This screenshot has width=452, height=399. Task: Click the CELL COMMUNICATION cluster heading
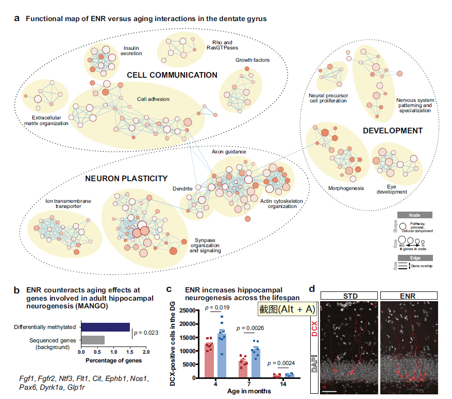[x=172, y=75]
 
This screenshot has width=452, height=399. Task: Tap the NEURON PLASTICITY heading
[x=126, y=179]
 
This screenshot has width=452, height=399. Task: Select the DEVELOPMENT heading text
[x=392, y=131]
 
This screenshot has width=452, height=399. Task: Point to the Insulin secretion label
[x=132, y=50]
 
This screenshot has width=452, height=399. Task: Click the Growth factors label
[x=253, y=60]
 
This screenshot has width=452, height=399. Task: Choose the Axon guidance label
[x=229, y=152]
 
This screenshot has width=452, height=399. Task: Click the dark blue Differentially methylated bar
[x=105, y=327]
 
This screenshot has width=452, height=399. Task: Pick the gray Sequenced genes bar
[x=93, y=340]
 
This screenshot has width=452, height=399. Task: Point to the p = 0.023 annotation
[x=146, y=333]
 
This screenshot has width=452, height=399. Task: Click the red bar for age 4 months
[x=209, y=360]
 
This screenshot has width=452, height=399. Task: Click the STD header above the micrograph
[x=348, y=296]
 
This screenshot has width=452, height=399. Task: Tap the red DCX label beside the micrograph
[x=315, y=327]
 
